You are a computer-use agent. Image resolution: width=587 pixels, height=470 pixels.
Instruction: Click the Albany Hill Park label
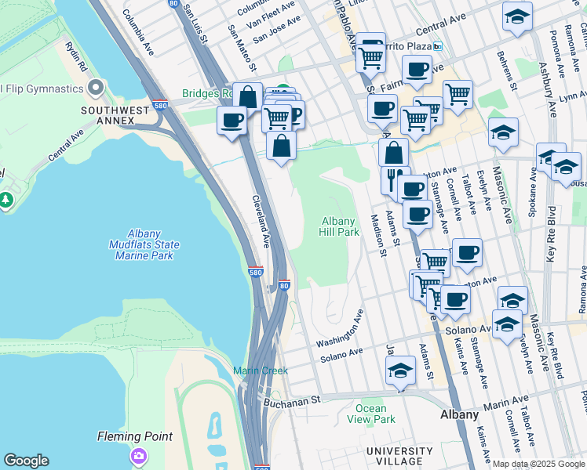(x=340, y=226)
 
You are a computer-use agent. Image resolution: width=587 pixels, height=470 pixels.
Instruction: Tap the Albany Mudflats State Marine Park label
(x=144, y=244)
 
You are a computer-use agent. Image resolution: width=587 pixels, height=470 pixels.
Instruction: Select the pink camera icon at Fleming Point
(x=139, y=455)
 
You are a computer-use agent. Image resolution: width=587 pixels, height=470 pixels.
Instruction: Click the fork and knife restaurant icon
(x=395, y=179)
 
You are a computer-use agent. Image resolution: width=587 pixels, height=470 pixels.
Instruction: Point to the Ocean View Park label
(x=370, y=414)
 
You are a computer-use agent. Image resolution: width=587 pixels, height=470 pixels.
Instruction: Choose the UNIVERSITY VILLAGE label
(x=399, y=457)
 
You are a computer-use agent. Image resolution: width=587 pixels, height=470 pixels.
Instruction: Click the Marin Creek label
(x=255, y=370)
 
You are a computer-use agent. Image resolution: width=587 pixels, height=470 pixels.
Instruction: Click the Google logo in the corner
(x=26, y=461)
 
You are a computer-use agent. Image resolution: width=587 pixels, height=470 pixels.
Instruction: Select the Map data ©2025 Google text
(x=538, y=464)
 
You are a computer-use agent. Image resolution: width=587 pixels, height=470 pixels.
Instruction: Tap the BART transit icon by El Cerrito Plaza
(x=437, y=46)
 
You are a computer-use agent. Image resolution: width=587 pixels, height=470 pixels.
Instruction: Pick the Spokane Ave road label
(x=534, y=194)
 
